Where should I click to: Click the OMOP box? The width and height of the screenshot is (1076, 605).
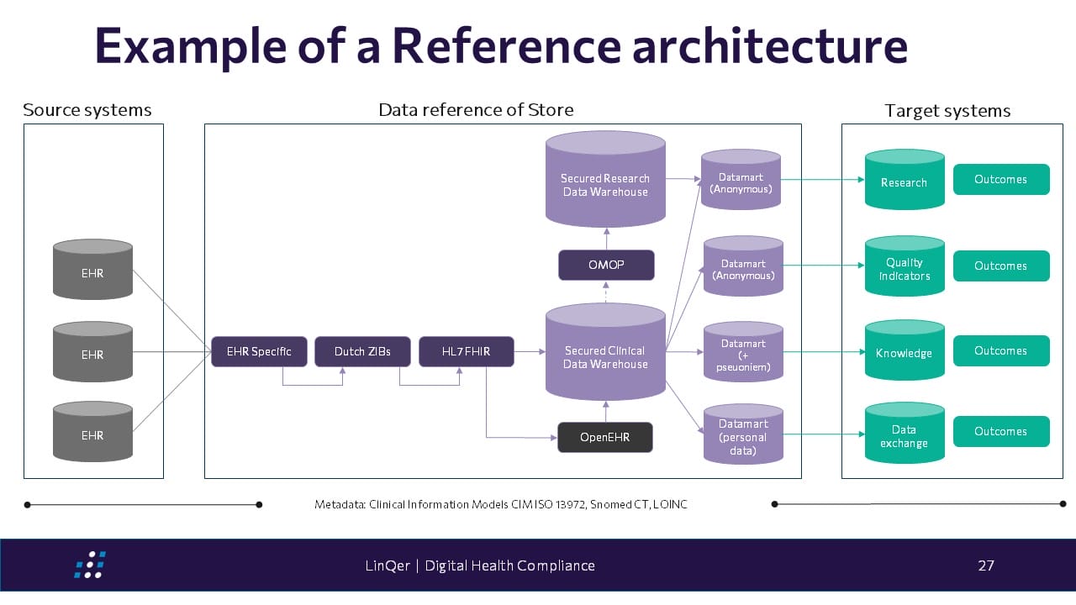tap(606, 266)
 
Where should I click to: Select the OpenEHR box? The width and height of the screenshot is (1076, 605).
tap(605, 437)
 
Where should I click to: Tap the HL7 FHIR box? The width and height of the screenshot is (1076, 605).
tap(467, 351)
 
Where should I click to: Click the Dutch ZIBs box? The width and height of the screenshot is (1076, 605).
tap(362, 351)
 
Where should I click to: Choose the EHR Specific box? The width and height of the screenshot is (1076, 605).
tap(259, 351)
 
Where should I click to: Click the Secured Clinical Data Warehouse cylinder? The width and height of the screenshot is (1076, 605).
tap(605, 357)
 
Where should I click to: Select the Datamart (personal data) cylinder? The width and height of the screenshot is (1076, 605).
tap(743, 437)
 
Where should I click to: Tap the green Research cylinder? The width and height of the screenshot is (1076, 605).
tap(905, 182)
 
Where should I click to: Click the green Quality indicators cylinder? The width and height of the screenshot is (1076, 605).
tap(905, 269)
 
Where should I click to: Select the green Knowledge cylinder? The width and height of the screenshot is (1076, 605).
tap(905, 353)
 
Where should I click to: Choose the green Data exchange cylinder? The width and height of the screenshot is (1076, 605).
tap(905, 435)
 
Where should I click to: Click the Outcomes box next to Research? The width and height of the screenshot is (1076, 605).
tap(1000, 179)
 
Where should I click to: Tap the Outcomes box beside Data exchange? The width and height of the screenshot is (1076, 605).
tap(1000, 431)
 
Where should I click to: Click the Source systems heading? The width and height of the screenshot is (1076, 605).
tap(87, 110)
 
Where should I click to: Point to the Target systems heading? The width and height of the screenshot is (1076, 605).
tap(947, 111)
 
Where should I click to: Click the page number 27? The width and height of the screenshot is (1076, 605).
tap(986, 566)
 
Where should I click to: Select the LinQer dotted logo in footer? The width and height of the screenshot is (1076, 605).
tap(89, 565)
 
